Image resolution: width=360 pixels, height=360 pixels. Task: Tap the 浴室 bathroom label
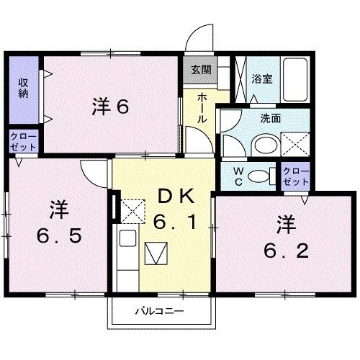pyautogui.click(x=261, y=79)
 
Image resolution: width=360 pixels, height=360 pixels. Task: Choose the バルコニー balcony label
pyautogui.click(x=160, y=312)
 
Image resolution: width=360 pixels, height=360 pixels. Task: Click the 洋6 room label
pyautogui.click(x=109, y=107)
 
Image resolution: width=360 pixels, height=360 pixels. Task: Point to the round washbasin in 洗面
pyautogui.click(x=261, y=145)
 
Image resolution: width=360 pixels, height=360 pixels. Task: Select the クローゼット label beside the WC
pyautogui.click(x=295, y=175)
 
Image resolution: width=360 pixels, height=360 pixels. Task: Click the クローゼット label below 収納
pyautogui.click(x=22, y=140)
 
